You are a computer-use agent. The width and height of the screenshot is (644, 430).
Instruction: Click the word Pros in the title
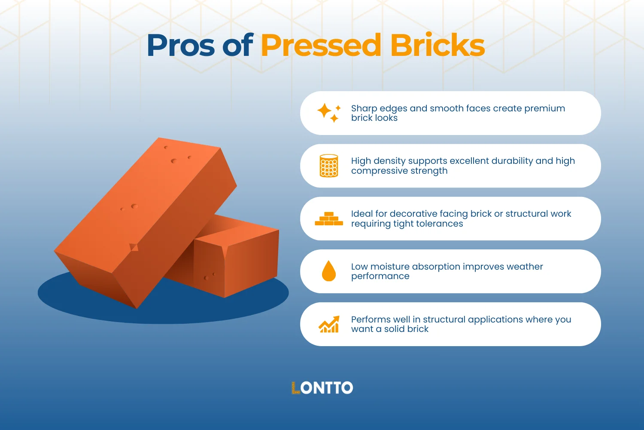point(181,46)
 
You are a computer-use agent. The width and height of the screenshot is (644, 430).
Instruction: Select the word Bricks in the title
point(437,45)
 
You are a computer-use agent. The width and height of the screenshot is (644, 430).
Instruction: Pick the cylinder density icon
point(329,166)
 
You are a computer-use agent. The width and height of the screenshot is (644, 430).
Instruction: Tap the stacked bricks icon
point(329,219)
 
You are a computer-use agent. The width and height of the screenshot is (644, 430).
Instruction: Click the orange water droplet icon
point(329,271)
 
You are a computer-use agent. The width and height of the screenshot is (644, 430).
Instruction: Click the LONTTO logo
point(322,388)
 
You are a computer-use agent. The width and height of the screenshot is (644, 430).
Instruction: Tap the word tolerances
point(439,224)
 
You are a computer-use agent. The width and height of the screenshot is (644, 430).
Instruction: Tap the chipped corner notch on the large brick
point(134,247)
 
